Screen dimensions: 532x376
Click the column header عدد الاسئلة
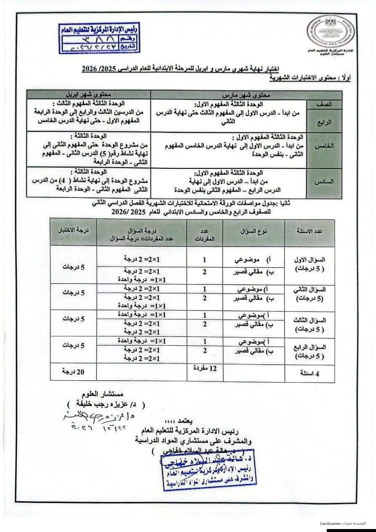pyautogui.click(x=309, y=232)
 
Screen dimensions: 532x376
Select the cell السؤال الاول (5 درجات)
pyautogui.click(x=309, y=264)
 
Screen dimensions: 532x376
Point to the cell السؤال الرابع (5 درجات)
pyautogui.click(x=309, y=351)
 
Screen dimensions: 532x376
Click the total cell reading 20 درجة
pyautogui.click(x=73, y=372)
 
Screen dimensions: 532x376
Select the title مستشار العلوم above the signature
pyautogui.click(x=104, y=394)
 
